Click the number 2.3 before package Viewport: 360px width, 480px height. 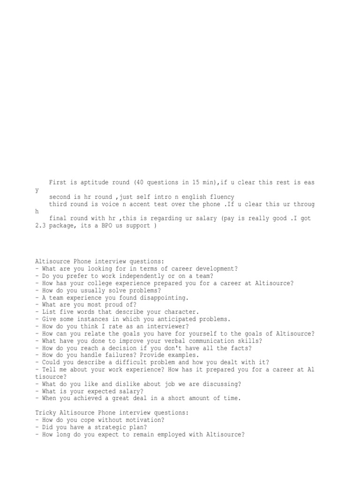pos(41,226)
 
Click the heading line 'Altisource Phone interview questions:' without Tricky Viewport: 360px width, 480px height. pos(97,261)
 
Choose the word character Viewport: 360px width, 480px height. pos(181,312)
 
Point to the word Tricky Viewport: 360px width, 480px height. pos(46,413)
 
